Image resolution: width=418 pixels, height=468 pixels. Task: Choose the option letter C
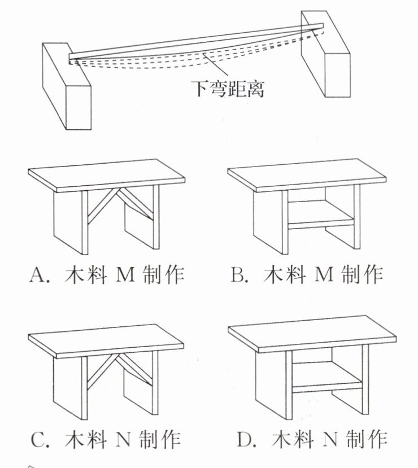[x=37, y=439]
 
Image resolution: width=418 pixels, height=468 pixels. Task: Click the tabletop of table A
[x=107, y=172]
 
